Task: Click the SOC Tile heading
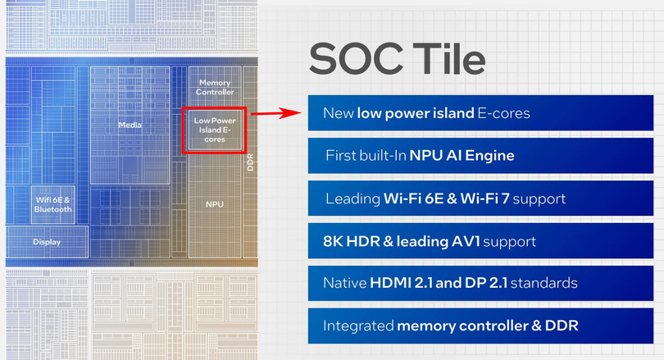tap(397, 60)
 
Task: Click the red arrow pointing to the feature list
tap(278, 113)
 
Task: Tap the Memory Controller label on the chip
tap(214, 87)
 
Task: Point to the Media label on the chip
tap(130, 125)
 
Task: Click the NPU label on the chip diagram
tap(214, 204)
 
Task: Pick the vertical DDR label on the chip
tap(250, 161)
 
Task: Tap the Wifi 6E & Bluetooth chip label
tap(53, 204)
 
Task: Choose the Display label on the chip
tap(47, 242)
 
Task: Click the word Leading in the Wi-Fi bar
tap(352, 198)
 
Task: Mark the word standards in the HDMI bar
tap(548, 283)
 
